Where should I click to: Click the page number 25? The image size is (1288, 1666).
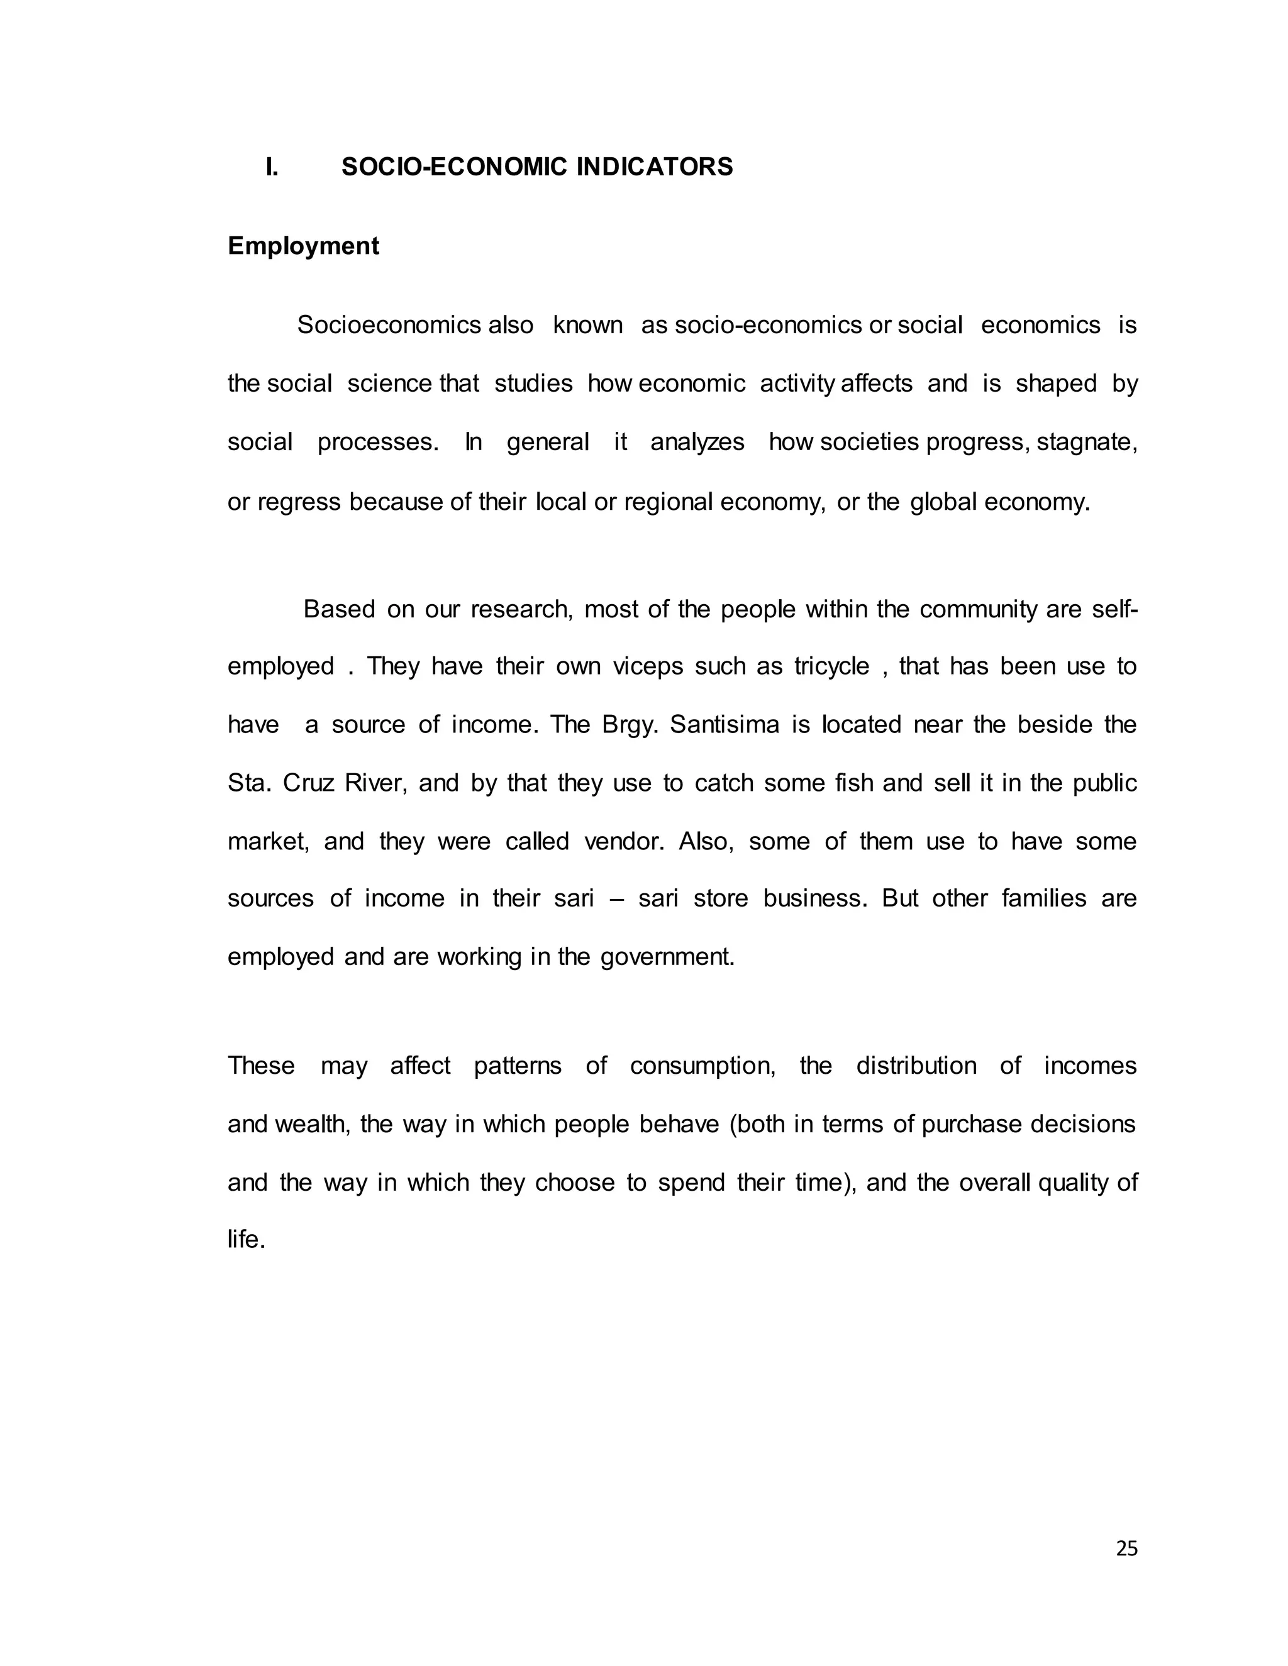pyautogui.click(x=1126, y=1548)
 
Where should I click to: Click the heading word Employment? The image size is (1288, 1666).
pyautogui.click(x=303, y=246)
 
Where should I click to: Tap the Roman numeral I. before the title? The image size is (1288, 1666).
pyautogui.click(x=272, y=167)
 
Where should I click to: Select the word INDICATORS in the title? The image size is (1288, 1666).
pyautogui.click(x=655, y=167)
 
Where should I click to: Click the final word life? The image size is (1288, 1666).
pyautogui.click(x=246, y=1240)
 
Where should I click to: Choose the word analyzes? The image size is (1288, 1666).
pyautogui.click(x=697, y=443)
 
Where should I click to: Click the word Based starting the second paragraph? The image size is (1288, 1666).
pyautogui.click(x=339, y=609)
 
